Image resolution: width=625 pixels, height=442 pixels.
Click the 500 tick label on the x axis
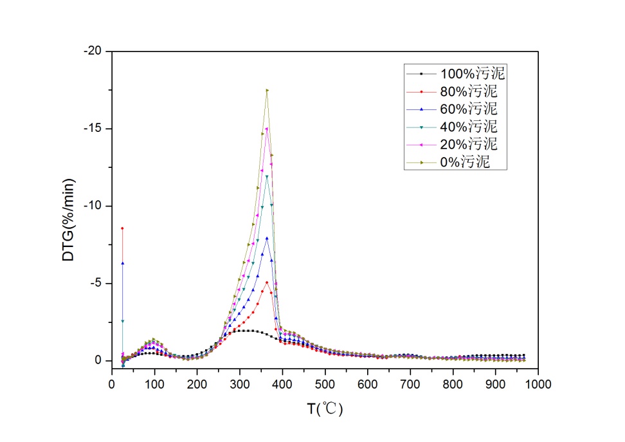[325, 384]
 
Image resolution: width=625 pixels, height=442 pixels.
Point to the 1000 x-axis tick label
[538, 384]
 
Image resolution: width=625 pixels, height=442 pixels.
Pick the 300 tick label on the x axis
[240, 384]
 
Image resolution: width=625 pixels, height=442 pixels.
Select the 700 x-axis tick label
[410, 384]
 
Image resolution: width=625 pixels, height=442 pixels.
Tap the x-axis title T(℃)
[325, 409]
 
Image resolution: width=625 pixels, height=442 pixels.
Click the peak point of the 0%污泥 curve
[267, 90]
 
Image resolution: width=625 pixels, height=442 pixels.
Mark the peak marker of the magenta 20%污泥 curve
[267, 128]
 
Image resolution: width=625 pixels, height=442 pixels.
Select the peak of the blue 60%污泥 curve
[267, 238]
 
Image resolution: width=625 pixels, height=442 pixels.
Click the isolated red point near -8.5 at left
[122, 228]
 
